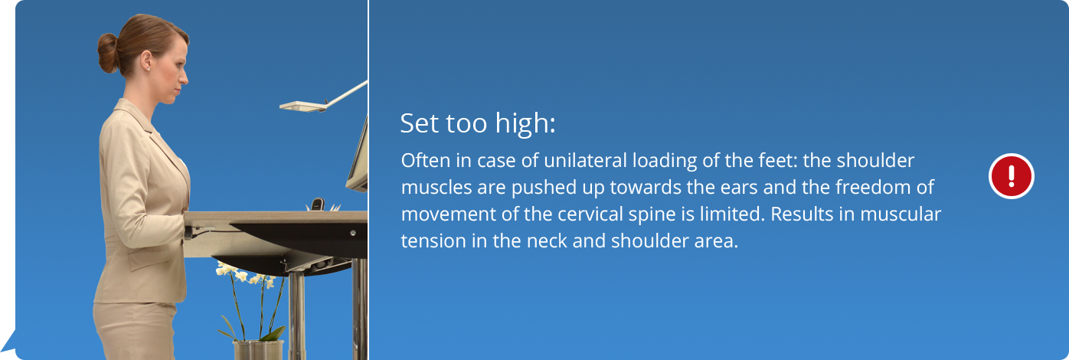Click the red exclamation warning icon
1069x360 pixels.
coord(1012,175)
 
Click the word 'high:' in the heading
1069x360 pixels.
coord(525,124)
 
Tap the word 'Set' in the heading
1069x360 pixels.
coord(419,123)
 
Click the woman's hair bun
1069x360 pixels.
coord(108,53)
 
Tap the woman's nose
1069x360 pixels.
coord(185,77)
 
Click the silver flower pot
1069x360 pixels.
coord(258,350)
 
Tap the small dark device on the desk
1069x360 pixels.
coord(318,205)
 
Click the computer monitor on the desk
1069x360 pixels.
coord(358,158)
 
